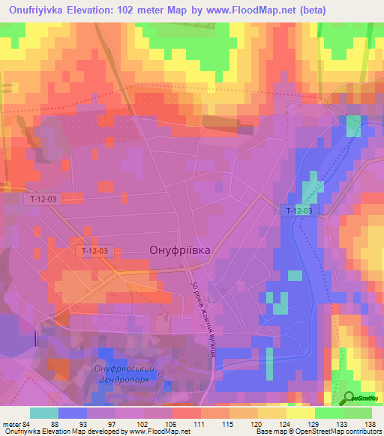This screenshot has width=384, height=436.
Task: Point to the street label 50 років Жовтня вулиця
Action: point(202,318)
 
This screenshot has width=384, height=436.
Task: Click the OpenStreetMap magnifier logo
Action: point(349,399)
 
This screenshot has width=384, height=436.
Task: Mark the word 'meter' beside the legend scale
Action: point(12,424)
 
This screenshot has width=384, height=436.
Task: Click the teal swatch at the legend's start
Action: point(43,413)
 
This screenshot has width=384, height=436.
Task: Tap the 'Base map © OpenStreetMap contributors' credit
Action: point(317,432)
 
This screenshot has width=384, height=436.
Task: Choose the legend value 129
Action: point(315,424)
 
